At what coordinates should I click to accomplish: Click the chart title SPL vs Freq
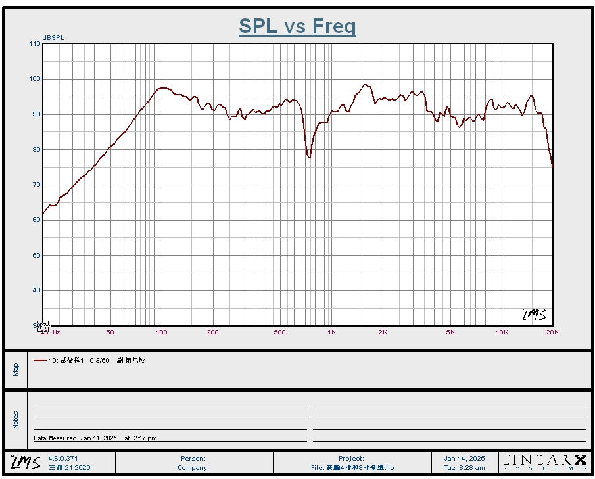pos(297,26)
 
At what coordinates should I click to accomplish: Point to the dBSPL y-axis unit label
pos(53,38)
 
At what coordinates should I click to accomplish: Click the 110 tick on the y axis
pos(35,44)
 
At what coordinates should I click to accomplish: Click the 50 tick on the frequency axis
pos(110,332)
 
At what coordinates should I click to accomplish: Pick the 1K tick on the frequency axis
pos(331,332)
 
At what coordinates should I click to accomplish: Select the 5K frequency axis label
pos(450,332)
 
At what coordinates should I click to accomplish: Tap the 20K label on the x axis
pos(552,332)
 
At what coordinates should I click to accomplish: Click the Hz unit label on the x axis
pos(57,332)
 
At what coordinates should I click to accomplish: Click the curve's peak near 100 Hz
pos(162,87)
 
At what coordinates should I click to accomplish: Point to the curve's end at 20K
pos(552,166)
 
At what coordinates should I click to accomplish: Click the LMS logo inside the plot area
pos(534,315)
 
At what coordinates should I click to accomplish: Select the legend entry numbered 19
pos(89,361)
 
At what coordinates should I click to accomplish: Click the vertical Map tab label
pos(16,370)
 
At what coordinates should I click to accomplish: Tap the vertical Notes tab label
pos(16,420)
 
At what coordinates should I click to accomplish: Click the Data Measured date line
pos(95,438)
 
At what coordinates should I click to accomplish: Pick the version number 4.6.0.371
pos(63,458)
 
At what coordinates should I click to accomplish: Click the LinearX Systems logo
pos(544,462)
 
